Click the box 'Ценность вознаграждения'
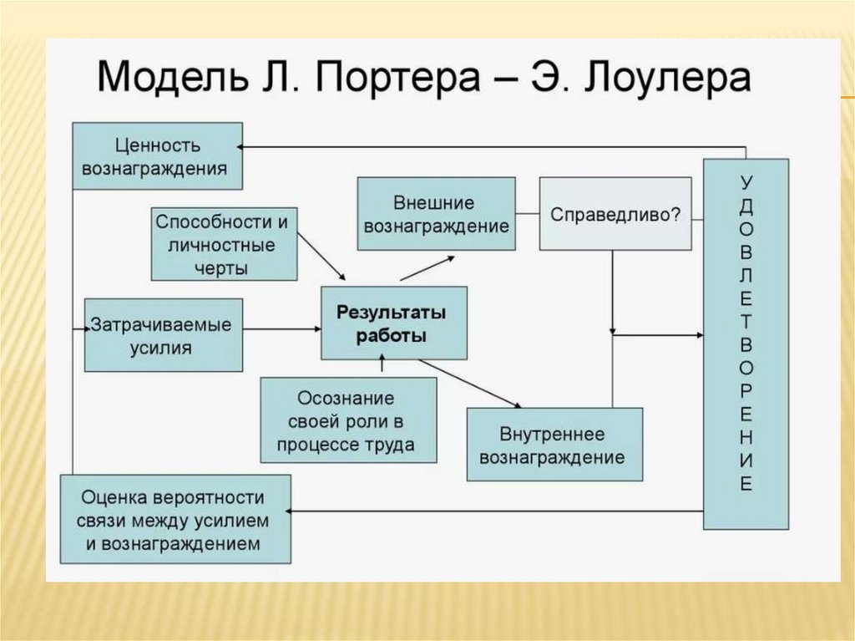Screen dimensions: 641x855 pyautogui.click(x=157, y=155)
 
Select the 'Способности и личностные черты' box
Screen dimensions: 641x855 pyautogui.click(x=224, y=244)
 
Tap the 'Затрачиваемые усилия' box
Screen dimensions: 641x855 pyautogui.click(x=164, y=334)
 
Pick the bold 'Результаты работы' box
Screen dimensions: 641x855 pyautogui.click(x=393, y=323)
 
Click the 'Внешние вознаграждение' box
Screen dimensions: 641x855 pyautogui.click(x=436, y=213)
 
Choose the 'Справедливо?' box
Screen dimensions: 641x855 pyautogui.click(x=615, y=213)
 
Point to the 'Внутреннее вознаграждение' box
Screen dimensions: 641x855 pyautogui.click(x=554, y=444)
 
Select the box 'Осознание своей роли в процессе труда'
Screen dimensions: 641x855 pyautogui.click(x=348, y=420)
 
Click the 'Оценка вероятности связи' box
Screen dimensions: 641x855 pyautogui.click(x=175, y=519)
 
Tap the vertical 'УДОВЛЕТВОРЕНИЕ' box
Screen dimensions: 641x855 pyautogui.click(x=746, y=343)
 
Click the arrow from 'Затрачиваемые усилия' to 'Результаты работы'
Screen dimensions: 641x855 pyautogui.click(x=282, y=328)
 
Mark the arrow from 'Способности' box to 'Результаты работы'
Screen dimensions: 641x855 pyautogui.click(x=321, y=254)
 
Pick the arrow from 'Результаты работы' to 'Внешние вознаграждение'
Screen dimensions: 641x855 pyautogui.click(x=427, y=267)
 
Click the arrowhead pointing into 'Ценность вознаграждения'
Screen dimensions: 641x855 pyautogui.click(x=241, y=146)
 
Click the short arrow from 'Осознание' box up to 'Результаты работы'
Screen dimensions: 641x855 pyautogui.click(x=382, y=366)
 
